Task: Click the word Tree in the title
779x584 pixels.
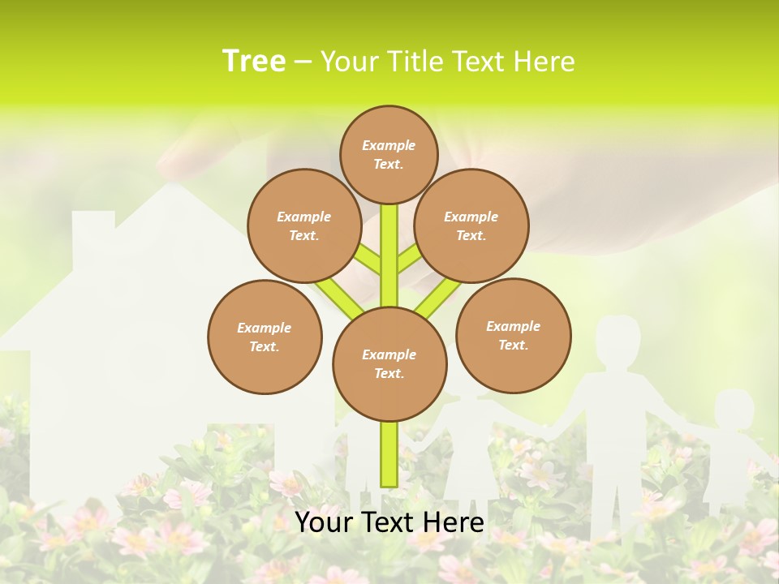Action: tap(254, 61)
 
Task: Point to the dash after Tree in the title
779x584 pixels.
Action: tap(303, 62)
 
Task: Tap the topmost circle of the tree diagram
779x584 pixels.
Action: tap(389, 154)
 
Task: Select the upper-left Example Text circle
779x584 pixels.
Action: tap(303, 225)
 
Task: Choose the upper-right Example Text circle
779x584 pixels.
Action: tap(471, 225)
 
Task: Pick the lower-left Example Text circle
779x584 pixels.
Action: tap(265, 337)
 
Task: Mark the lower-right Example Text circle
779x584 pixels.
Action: tap(513, 335)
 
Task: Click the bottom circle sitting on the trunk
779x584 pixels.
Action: tap(389, 363)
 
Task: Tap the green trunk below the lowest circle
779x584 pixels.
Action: tap(389, 454)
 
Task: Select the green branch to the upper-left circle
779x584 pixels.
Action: tap(367, 261)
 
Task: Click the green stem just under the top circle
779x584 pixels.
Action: tap(389, 235)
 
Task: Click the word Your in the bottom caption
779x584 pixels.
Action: tap(325, 522)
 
